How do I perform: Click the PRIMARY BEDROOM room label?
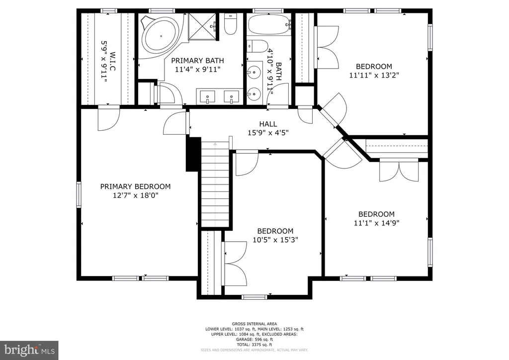[135, 186]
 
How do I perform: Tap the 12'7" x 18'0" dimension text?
[135, 195]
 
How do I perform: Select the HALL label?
[268, 124]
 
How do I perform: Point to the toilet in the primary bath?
[230, 24]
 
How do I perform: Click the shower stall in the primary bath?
[202, 27]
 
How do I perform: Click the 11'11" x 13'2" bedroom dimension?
[374, 75]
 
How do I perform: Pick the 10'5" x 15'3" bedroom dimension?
[275, 240]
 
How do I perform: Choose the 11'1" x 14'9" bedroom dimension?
[377, 223]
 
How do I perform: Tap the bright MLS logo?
[29, 350]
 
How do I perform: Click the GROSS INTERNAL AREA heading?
[254, 324]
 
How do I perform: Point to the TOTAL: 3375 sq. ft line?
[254, 345]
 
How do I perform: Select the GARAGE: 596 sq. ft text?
[254, 340]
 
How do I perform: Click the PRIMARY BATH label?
[197, 61]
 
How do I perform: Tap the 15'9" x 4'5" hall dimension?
[268, 133]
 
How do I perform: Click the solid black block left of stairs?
[193, 154]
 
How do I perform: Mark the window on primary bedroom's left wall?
[79, 194]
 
